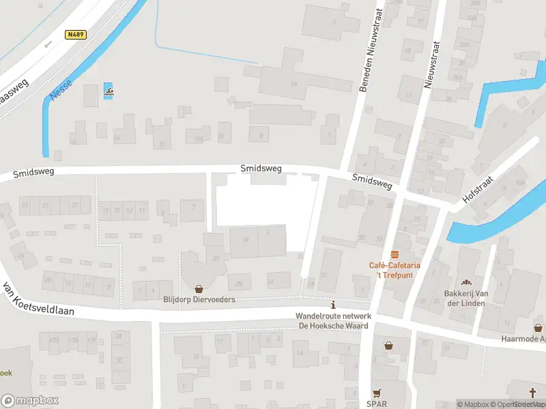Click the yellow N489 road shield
coord(76,34)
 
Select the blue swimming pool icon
coord(108,91)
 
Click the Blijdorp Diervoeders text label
coord(199,299)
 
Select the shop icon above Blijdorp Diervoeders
coord(199,288)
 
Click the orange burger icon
coord(394,254)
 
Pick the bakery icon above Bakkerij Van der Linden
coord(467,283)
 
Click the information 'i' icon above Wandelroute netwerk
coord(332,305)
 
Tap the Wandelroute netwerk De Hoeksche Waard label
coord(332,320)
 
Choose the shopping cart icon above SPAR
coord(376,393)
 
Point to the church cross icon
coord(533,392)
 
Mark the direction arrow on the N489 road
coord(48,44)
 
